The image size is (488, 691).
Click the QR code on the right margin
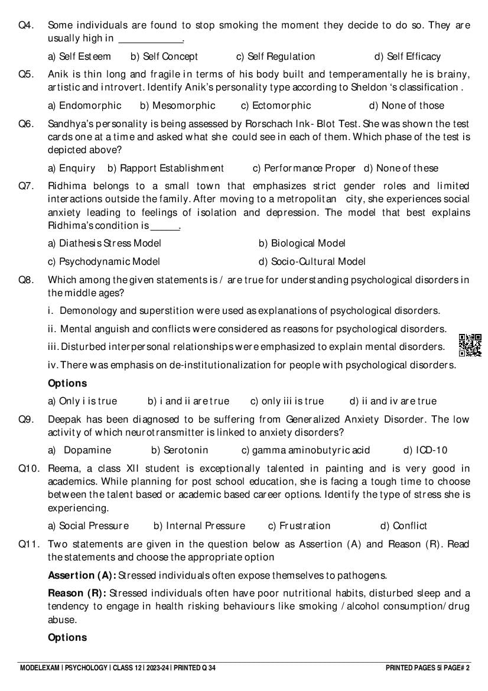point(470,345)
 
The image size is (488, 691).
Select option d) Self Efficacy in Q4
point(408,57)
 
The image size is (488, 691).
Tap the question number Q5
point(25,74)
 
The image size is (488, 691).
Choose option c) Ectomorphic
point(275,106)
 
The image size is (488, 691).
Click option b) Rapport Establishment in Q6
point(165,168)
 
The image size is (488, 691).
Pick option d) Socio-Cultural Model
point(312,261)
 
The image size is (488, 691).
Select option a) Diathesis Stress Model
point(104,243)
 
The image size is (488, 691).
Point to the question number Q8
point(25,280)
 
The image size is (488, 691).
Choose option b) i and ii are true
point(188,401)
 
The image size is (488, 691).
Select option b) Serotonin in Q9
point(180,450)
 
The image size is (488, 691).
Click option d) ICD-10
point(425,450)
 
